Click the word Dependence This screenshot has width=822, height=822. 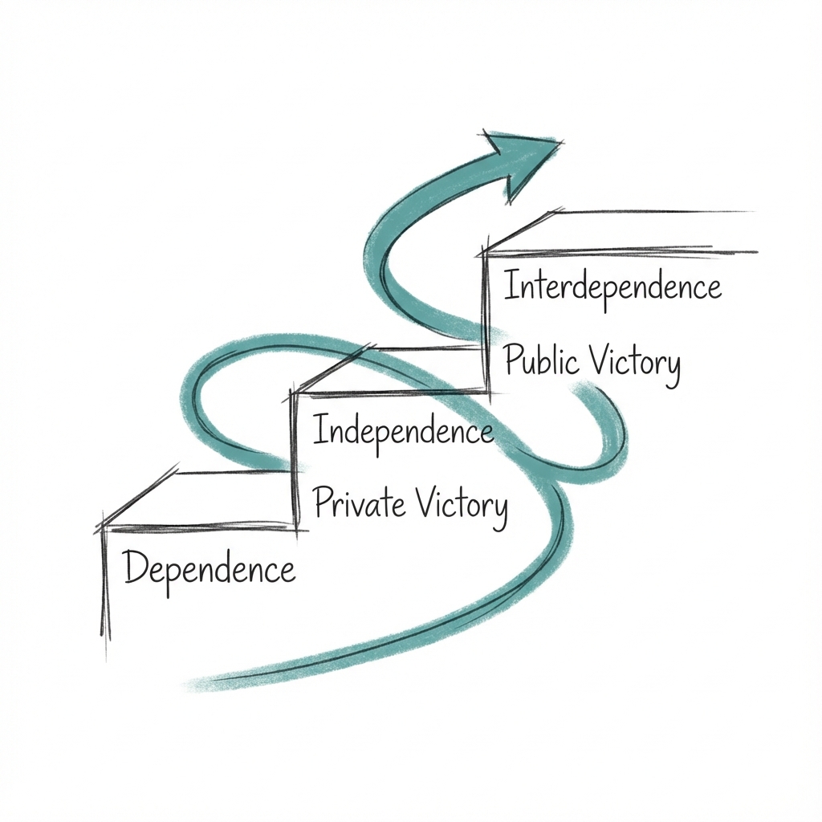(x=210, y=569)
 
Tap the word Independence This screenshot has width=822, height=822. (x=402, y=431)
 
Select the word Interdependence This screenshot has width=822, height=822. (x=612, y=287)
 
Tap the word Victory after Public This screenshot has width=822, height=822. (x=635, y=364)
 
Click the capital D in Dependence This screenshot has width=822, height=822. (x=135, y=569)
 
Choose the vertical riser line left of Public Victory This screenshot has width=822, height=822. (x=486, y=321)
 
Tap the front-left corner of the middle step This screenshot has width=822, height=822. (x=295, y=393)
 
